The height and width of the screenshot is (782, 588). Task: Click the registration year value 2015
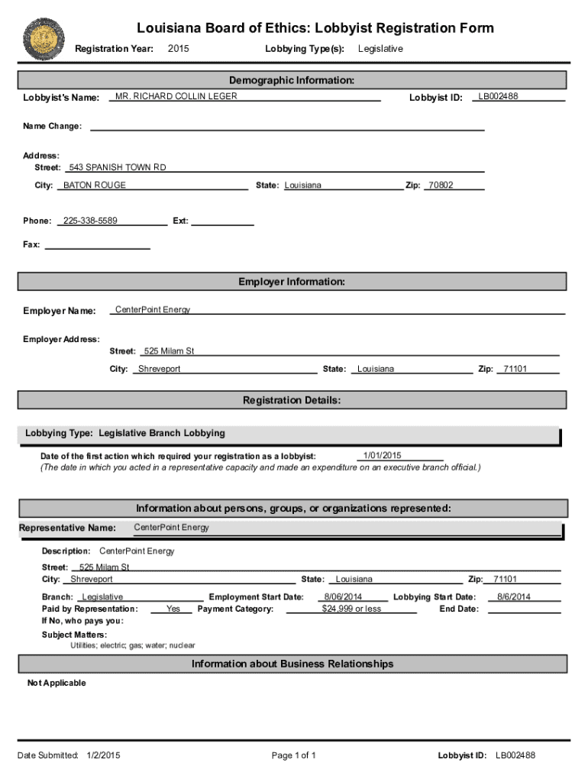(x=178, y=49)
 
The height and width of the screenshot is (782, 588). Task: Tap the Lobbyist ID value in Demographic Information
(x=498, y=96)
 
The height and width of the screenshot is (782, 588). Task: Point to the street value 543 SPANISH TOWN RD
(x=118, y=167)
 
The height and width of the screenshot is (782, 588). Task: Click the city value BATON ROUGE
(x=95, y=186)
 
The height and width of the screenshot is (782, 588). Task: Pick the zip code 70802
(x=441, y=186)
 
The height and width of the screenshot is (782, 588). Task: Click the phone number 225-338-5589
(x=90, y=221)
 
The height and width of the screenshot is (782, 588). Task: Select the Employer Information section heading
(x=292, y=282)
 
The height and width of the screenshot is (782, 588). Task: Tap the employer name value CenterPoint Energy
(x=153, y=309)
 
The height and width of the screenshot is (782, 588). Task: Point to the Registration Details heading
(x=292, y=400)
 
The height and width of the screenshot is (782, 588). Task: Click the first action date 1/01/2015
(x=383, y=455)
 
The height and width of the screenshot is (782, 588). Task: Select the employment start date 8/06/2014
(x=343, y=597)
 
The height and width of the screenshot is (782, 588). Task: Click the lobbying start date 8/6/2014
(x=514, y=597)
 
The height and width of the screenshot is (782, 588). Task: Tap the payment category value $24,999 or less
(x=351, y=609)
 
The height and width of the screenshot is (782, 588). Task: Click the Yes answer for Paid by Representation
(x=173, y=609)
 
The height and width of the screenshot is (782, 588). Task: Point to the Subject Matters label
(x=74, y=635)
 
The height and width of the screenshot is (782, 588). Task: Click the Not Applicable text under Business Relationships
(x=57, y=683)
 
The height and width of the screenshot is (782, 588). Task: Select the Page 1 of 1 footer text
(x=293, y=756)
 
